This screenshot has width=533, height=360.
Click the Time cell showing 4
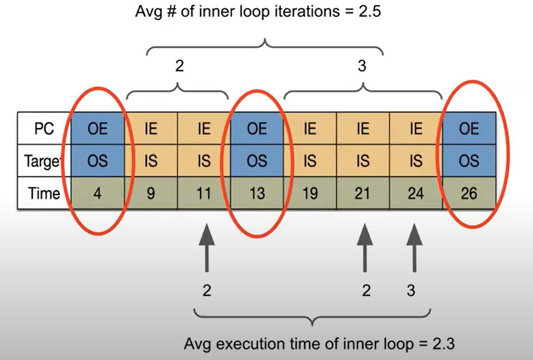coord(98,193)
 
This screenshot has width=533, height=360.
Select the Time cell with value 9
coord(151,193)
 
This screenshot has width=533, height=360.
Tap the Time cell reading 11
coord(204,193)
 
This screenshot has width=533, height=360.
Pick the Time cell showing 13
coord(257,193)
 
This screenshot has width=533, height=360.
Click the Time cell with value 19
coord(310,193)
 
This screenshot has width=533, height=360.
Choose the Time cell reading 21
coord(362,193)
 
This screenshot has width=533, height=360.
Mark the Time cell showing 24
coord(416,193)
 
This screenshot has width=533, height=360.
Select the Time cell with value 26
coord(469,193)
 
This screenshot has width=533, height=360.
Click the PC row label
coord(44,129)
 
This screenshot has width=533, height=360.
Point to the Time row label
coord(44,193)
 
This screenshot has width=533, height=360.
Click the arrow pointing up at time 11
coord(206,246)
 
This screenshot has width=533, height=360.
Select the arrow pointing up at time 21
coord(365,246)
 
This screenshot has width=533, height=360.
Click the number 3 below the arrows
coord(410,291)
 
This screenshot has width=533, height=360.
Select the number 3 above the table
coord(362,66)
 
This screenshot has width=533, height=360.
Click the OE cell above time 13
coord(257,129)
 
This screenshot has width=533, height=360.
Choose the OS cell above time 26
coord(469,161)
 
